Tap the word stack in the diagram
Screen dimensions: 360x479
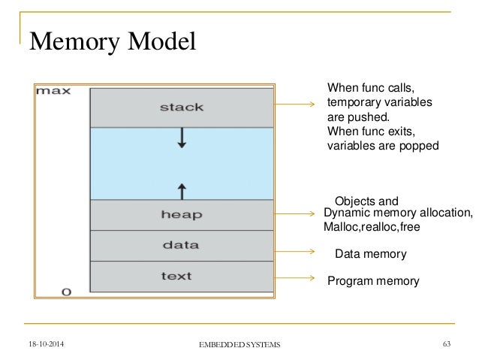pos(181,107)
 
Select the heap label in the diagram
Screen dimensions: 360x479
pos(181,215)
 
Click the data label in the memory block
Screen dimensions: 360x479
pos(181,245)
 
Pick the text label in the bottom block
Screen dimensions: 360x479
pos(181,275)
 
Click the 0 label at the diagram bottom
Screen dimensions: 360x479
pos(66,292)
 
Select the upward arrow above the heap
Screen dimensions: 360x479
pos(181,188)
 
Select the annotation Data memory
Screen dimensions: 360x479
pos(369,255)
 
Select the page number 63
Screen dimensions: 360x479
pos(448,343)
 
